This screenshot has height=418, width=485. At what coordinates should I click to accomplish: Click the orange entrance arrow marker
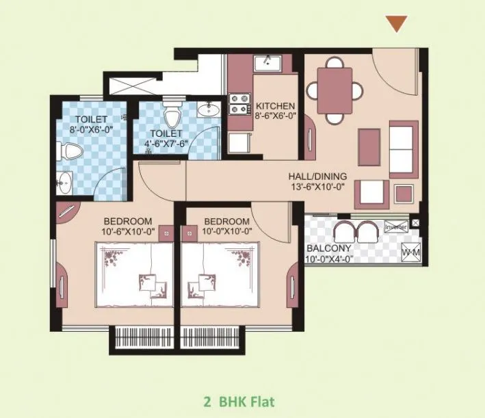tap(396, 23)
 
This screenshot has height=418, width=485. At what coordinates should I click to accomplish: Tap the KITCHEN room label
tap(275, 106)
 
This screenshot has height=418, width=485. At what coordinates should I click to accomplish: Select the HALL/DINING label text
tap(317, 175)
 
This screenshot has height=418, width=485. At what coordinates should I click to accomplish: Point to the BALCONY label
tap(330, 248)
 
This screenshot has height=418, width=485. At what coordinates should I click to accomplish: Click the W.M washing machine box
tap(411, 252)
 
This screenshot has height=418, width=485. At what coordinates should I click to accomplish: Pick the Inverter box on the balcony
tap(395, 227)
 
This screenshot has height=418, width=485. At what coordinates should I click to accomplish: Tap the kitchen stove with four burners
tap(239, 103)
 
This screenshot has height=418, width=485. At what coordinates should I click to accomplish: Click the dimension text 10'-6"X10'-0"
tap(128, 231)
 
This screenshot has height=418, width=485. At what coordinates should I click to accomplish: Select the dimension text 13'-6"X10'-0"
tap(317, 186)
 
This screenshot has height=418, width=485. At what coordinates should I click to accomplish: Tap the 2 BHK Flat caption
tap(241, 400)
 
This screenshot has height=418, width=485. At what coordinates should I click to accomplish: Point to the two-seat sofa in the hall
tap(402, 147)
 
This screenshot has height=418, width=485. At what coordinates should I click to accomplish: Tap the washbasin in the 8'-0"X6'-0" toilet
tap(65, 182)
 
